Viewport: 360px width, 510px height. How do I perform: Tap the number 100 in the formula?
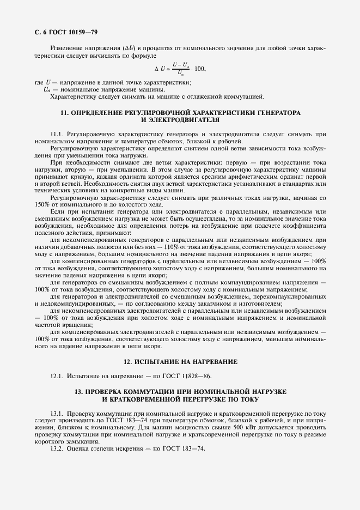pos(199,69)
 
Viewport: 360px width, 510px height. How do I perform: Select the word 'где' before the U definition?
pos(39,82)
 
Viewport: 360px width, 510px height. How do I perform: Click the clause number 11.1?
pos(56,133)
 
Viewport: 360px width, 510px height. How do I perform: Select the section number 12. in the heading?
pos(129,362)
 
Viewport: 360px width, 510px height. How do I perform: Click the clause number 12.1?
pos(57,376)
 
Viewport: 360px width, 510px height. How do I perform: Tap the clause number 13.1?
pos(57,414)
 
